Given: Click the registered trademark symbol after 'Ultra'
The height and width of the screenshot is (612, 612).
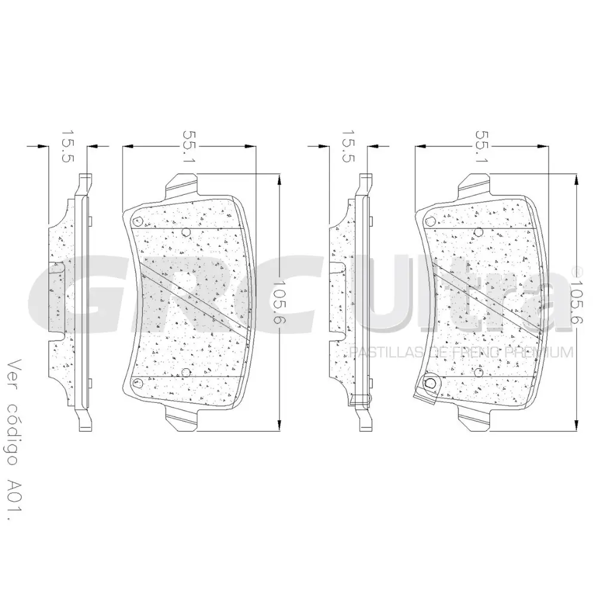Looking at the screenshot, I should [577, 271].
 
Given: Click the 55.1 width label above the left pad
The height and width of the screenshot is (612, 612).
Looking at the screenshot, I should [189, 147].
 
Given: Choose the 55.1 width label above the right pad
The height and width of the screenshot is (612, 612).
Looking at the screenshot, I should [482, 147].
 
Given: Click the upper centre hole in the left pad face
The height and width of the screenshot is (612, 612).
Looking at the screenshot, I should [185, 232].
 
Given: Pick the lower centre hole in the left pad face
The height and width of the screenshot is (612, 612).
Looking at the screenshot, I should [185, 373].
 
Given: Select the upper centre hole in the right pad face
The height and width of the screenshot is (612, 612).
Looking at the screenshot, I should [478, 232].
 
